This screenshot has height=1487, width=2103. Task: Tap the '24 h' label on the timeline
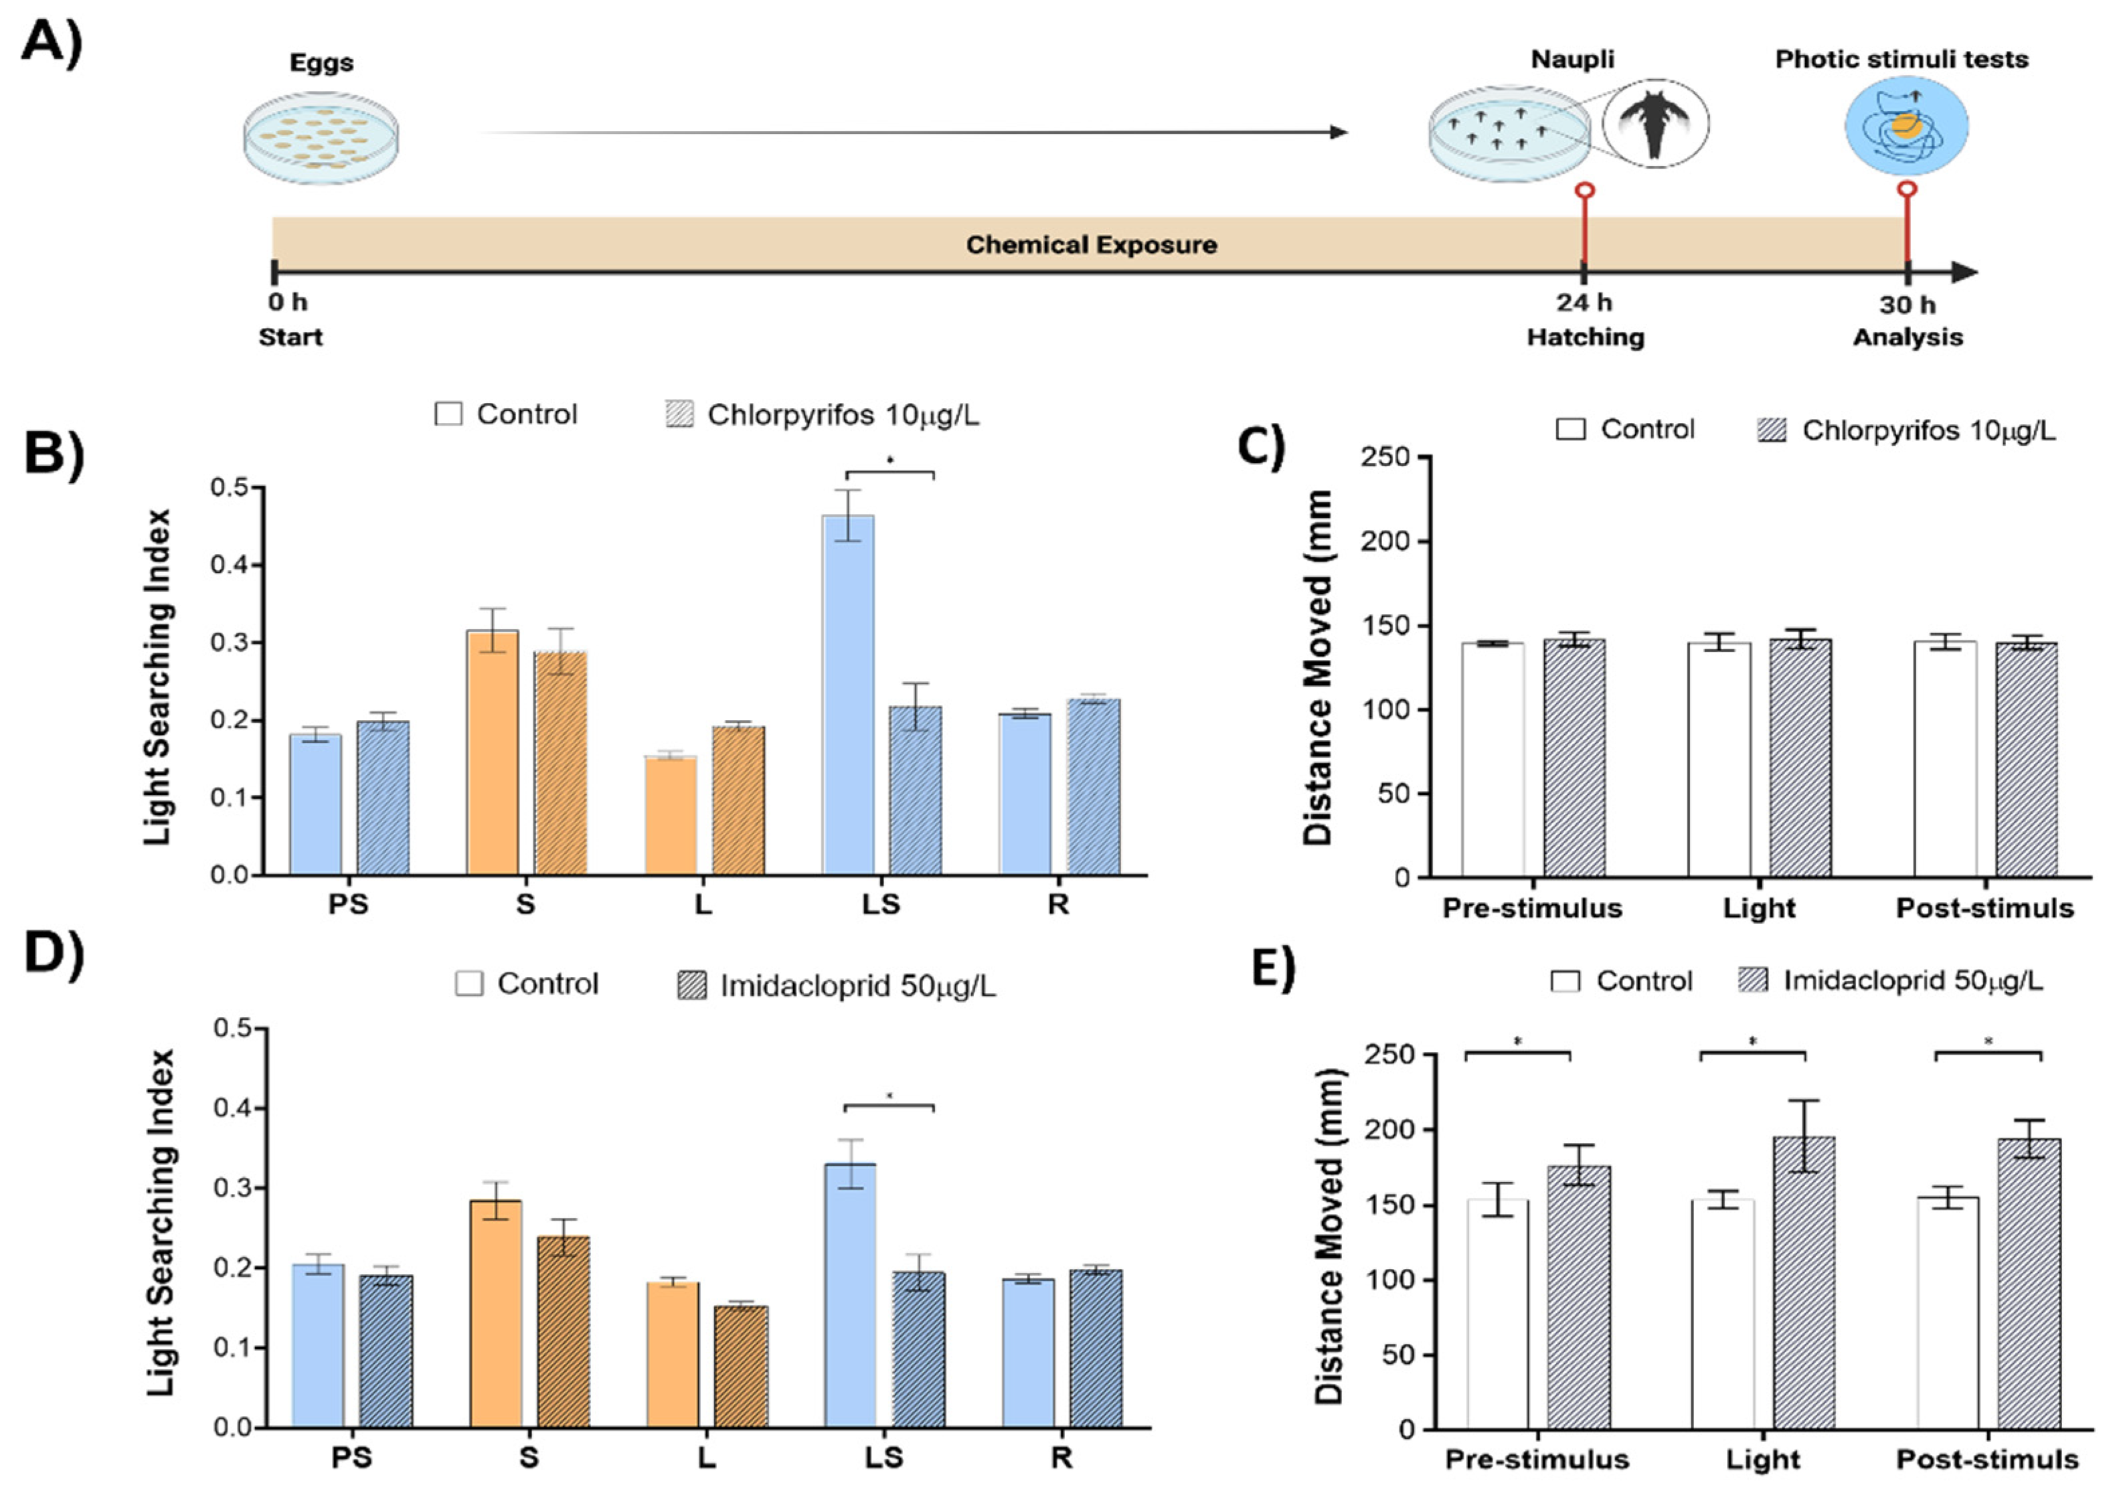1584,303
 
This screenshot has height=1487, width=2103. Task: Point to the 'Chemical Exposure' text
1091,244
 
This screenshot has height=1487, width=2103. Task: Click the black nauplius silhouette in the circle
1654,124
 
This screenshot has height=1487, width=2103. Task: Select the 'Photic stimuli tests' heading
1902,60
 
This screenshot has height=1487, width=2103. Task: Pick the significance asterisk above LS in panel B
890,458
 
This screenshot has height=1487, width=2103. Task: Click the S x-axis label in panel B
525,905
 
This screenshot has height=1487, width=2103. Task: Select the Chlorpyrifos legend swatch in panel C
1772,430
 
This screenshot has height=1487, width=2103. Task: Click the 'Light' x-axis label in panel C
1758,908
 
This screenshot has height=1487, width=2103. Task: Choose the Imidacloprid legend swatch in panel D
691,985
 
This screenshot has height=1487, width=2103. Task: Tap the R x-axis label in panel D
1061,1458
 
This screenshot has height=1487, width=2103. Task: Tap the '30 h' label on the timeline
1907,304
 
